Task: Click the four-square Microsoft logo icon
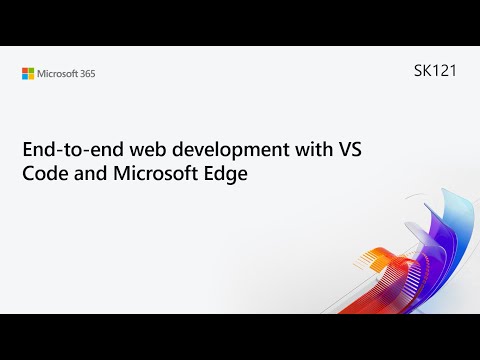tap(28, 73)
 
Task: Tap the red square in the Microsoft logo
tap(25, 70)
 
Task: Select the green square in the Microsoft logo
tap(31, 70)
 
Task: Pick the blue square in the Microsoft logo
tap(25, 76)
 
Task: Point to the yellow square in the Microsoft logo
tap(31, 76)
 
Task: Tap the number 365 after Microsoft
tap(87, 73)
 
